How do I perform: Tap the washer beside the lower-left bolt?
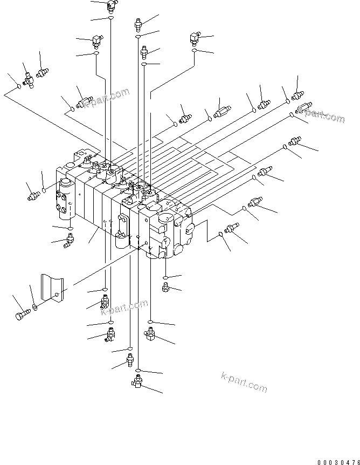[x=34, y=307]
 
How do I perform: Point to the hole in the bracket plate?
[x=57, y=295]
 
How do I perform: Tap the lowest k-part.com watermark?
[x=244, y=382]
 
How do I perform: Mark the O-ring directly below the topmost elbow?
[x=110, y=18]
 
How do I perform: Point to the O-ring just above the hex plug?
[x=165, y=277]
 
